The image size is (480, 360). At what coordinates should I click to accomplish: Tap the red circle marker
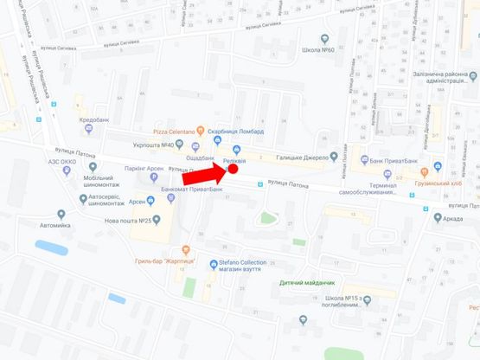(x=232, y=170)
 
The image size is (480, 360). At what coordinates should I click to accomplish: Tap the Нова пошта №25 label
(x=126, y=221)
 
